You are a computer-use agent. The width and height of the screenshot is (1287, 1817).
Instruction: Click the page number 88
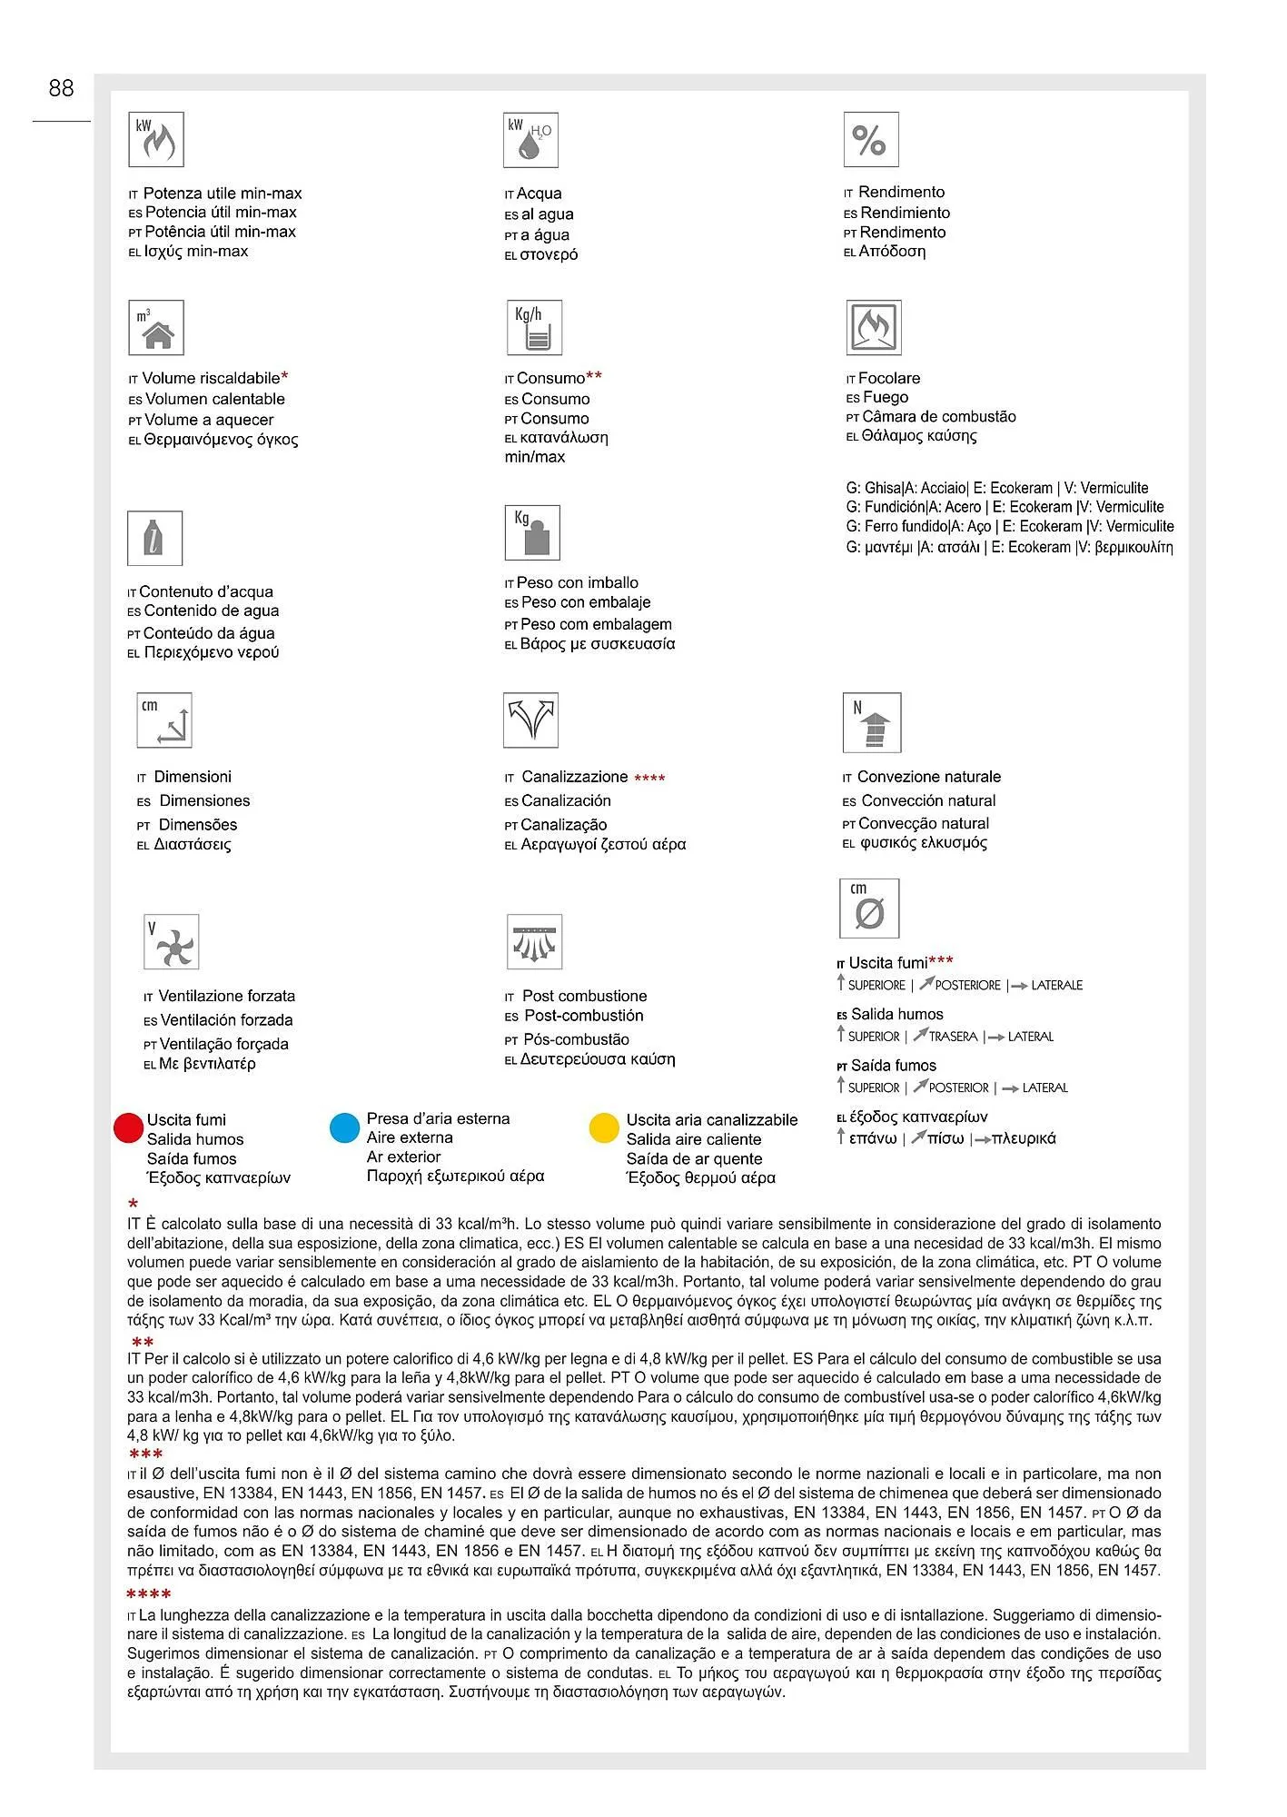tap(61, 88)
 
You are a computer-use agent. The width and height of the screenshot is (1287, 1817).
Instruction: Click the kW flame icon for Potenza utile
tap(156, 140)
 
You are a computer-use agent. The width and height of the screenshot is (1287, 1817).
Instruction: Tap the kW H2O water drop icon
tap(530, 140)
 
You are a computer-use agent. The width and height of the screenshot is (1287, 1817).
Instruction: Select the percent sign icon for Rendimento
tap(870, 140)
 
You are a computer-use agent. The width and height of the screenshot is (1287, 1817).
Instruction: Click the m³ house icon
tap(156, 328)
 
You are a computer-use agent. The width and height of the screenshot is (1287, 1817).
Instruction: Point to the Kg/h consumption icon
tap(534, 328)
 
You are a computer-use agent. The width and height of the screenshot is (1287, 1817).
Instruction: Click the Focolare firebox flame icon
tap(873, 328)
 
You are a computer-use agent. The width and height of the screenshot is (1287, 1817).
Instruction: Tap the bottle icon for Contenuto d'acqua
tap(154, 538)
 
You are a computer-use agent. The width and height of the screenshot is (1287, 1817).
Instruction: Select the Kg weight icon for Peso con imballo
tap(532, 532)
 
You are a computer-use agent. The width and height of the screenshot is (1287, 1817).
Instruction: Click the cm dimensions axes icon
tap(164, 720)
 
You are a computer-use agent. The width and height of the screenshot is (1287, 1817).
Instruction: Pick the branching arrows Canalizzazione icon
tap(530, 720)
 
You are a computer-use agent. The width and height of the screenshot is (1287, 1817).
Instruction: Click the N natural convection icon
tap(872, 723)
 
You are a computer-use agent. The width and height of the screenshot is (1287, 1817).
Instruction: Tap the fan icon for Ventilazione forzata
tap(171, 942)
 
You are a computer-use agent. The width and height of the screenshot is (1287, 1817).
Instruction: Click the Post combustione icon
tap(534, 942)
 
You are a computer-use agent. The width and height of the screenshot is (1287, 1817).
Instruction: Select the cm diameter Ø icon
tap(869, 908)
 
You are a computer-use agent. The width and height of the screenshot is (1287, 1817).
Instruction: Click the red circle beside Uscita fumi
tap(129, 1127)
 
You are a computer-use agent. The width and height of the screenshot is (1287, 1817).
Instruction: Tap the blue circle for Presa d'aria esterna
tap(345, 1127)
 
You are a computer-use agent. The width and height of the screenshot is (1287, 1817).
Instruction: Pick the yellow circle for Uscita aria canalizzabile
tap(604, 1127)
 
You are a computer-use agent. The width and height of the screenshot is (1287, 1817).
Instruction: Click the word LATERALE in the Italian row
tap(1056, 985)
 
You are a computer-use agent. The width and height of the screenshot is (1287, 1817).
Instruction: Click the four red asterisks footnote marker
tap(149, 1594)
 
